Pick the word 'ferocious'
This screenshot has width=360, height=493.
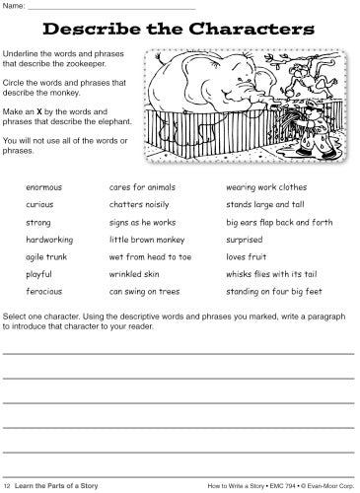(44, 291)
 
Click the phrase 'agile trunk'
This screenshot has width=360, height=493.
(46, 255)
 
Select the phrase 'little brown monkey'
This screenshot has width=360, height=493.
(146, 238)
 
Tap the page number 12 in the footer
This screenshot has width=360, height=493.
(8, 484)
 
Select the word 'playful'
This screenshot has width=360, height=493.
(40, 273)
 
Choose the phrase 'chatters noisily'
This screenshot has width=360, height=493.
(138, 203)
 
